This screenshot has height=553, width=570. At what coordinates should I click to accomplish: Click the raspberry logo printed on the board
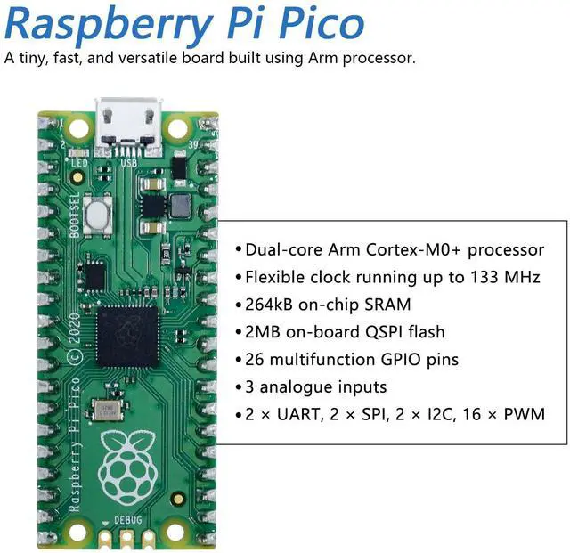pyautogui.click(x=126, y=464)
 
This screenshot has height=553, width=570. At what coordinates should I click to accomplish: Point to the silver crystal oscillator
pyautogui.click(x=108, y=410)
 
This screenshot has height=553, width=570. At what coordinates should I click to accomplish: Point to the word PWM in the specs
pyautogui.click(x=526, y=415)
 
